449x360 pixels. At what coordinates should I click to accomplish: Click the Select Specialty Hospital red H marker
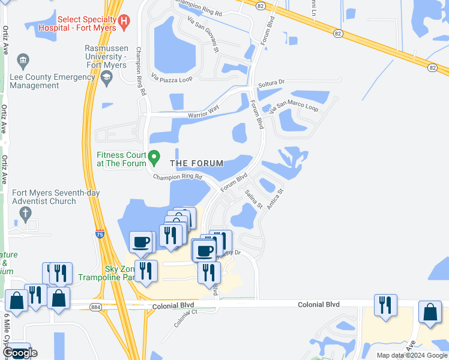point(124,23)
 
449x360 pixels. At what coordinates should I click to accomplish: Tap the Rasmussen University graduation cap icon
point(107,76)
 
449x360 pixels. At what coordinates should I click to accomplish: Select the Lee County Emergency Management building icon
point(23,61)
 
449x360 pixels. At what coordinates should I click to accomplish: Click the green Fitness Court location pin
point(154,158)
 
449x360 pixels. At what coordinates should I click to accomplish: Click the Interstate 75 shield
point(98,235)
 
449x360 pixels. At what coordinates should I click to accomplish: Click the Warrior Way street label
point(203,111)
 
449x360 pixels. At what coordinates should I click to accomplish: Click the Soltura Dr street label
point(271,83)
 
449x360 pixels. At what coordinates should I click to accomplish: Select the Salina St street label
point(254,199)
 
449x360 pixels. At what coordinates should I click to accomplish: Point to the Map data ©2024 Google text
point(411,355)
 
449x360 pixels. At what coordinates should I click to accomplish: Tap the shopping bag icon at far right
point(430,312)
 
